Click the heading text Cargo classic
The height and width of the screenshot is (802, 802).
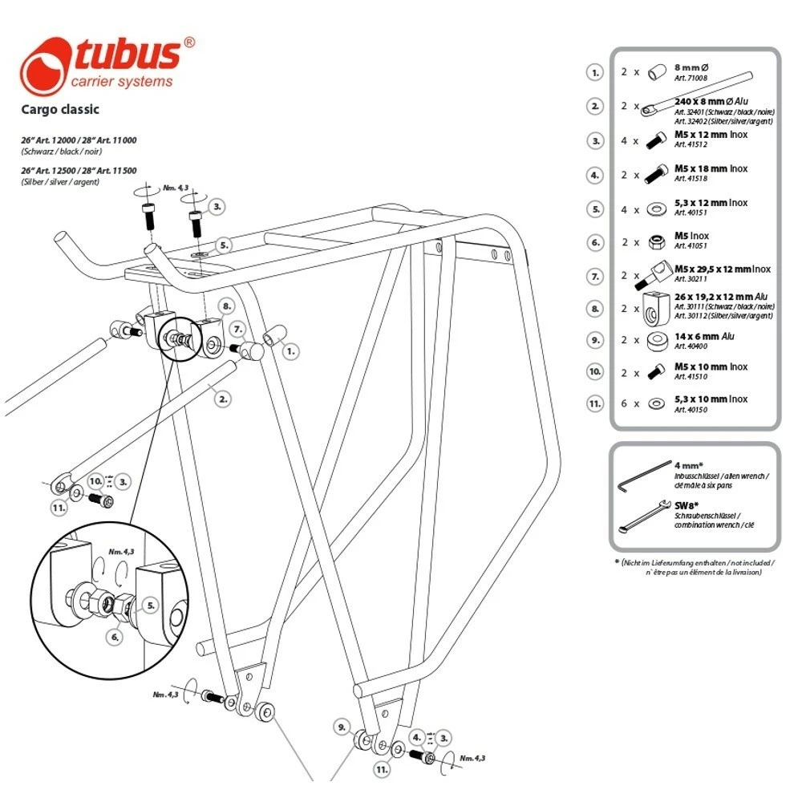tap(60, 109)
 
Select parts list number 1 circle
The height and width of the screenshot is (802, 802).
tap(594, 72)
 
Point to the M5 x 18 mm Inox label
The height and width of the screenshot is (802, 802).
tap(711, 168)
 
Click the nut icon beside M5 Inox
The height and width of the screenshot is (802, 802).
tap(655, 241)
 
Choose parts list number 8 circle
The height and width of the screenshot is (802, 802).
tap(594, 308)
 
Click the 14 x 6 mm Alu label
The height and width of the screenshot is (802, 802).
tap(704, 337)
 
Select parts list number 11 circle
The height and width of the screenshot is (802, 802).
tap(594, 403)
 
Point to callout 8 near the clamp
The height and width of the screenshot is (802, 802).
tap(227, 306)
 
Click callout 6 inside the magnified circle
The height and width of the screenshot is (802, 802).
tap(115, 637)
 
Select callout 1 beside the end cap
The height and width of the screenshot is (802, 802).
tap(291, 350)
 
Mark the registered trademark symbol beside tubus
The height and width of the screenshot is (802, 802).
tap(189, 43)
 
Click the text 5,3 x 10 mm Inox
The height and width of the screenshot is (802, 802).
tap(711, 399)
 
